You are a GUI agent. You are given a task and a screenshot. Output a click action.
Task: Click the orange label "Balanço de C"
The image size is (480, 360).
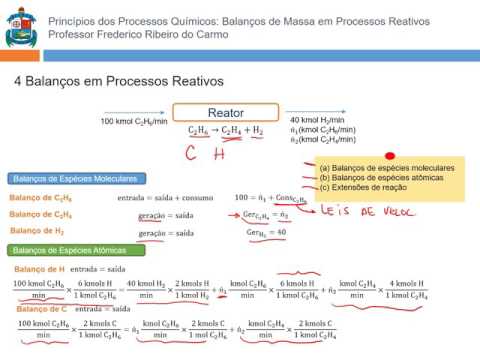coord(35,309)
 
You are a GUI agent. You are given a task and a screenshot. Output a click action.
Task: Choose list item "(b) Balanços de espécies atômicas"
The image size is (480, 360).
coord(385,178)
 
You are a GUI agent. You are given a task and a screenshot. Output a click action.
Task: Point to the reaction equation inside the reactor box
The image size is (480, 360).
coord(224,131)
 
